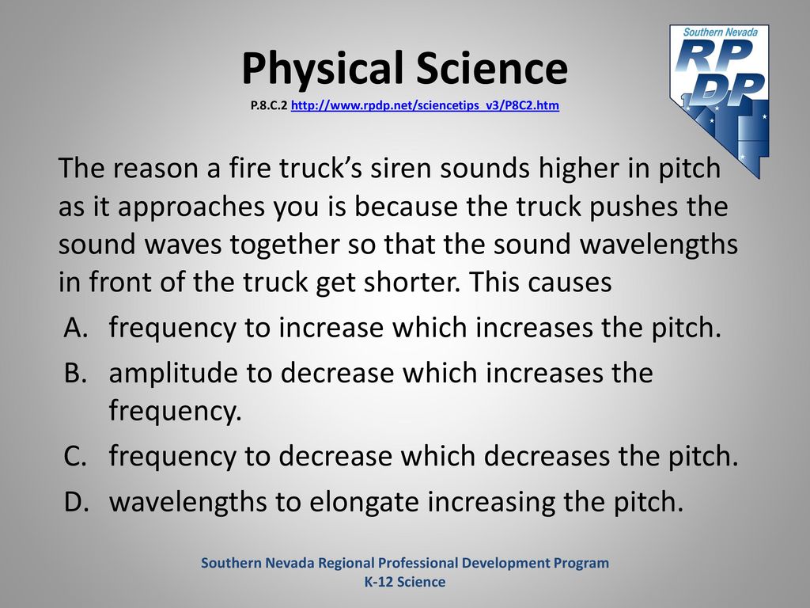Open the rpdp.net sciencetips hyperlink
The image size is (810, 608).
(x=425, y=105)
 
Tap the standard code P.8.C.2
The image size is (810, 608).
(x=269, y=105)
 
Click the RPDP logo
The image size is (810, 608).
(x=719, y=101)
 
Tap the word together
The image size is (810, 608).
(x=284, y=244)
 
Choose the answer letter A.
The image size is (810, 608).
(x=76, y=327)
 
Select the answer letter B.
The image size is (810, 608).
(x=75, y=373)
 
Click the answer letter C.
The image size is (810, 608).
(x=75, y=455)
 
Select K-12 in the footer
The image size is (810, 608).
(x=380, y=582)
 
